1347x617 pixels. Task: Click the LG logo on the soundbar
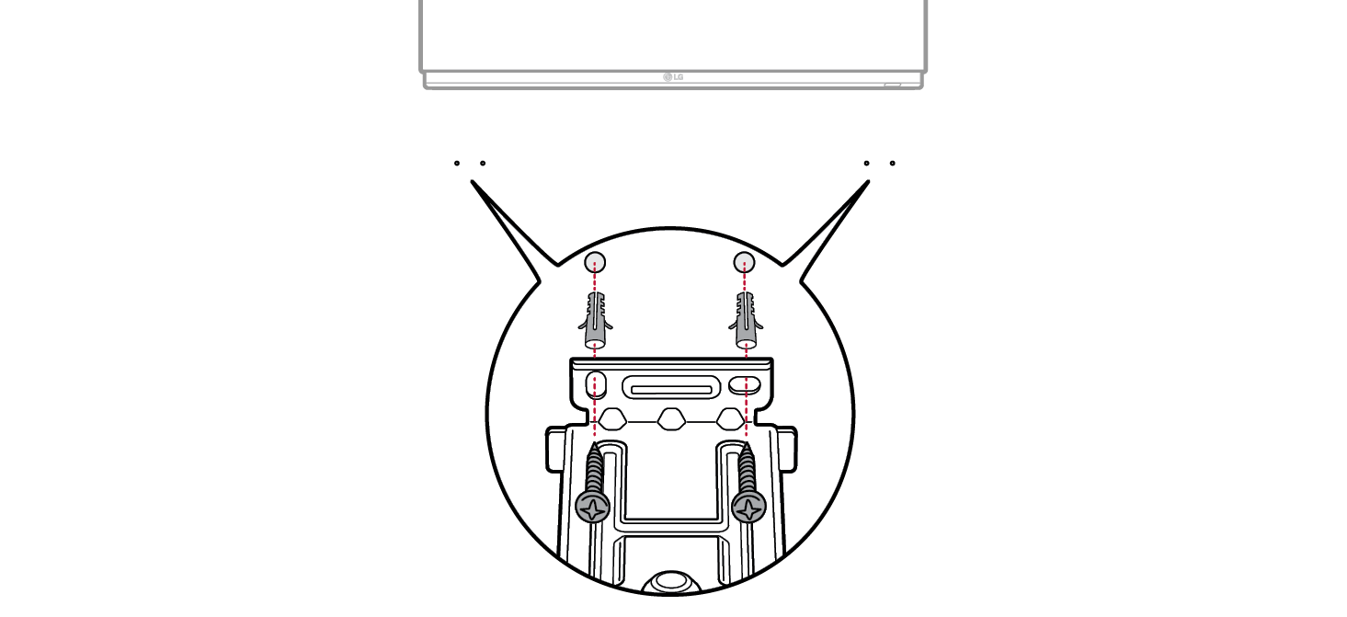(673, 77)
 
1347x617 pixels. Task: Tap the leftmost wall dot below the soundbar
(456, 164)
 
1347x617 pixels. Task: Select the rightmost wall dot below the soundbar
(892, 164)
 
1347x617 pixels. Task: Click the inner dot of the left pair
(482, 164)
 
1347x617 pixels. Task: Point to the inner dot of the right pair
(866, 164)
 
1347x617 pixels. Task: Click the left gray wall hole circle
(595, 261)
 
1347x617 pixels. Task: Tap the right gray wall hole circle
(744, 262)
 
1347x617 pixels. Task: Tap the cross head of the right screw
(750, 507)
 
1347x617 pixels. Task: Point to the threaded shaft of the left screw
(594, 468)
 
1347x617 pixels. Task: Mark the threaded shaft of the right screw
(747, 468)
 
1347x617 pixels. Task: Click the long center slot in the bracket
(670, 388)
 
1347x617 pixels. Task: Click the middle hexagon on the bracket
(670, 420)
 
